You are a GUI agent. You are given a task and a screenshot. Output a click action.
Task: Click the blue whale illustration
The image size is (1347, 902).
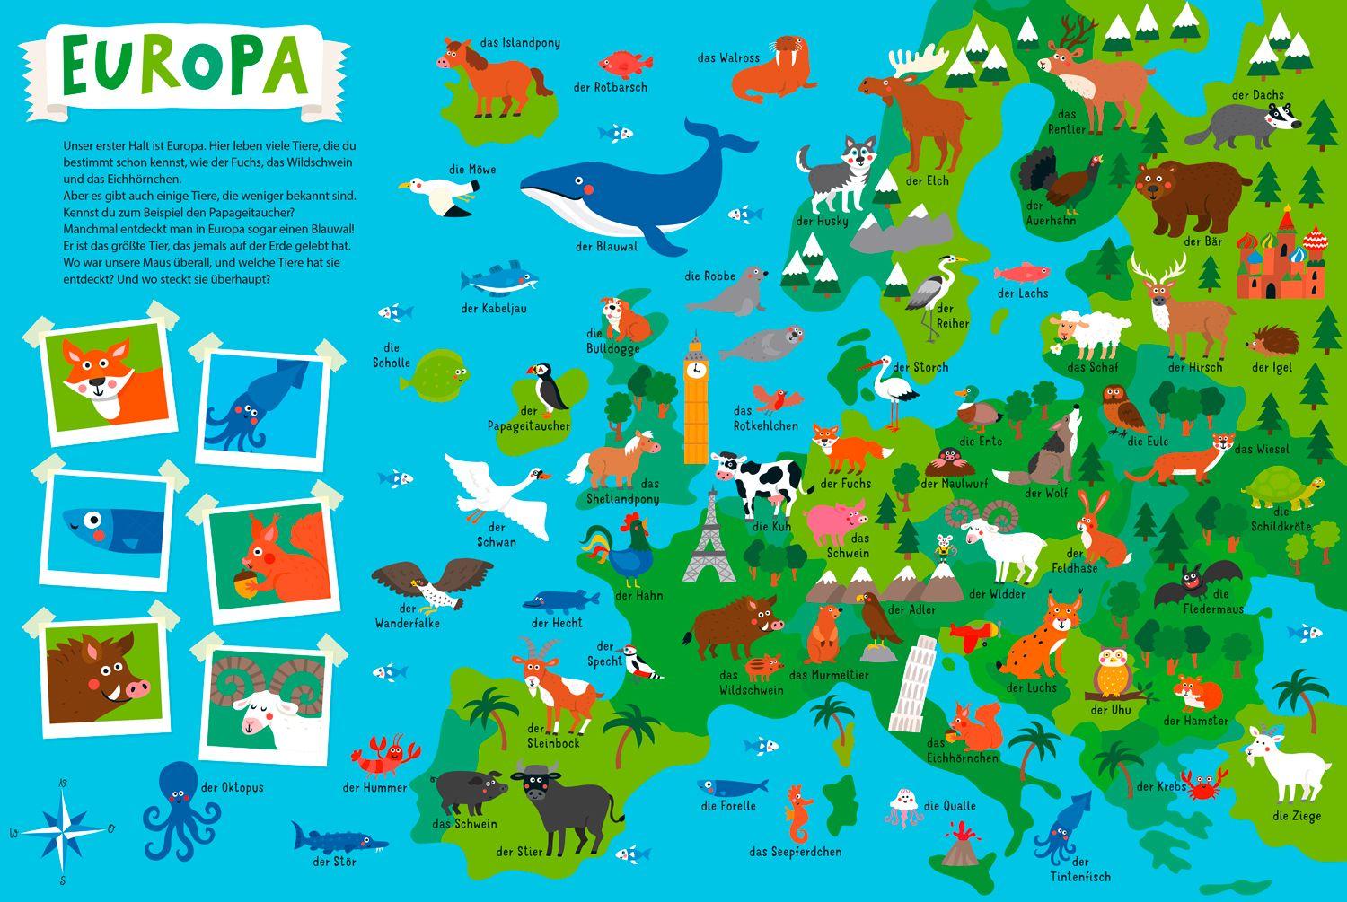pyautogui.click(x=620, y=188)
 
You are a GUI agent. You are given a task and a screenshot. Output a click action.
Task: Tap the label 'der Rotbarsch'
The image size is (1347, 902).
pyautogui.click(x=610, y=88)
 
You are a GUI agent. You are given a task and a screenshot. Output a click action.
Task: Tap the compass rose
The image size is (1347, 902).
pyautogui.click(x=62, y=829)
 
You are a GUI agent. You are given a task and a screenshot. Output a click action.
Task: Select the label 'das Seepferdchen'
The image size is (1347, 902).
pyautogui.click(x=795, y=852)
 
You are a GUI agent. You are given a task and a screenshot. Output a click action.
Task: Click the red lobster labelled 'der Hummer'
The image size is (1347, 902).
pyautogui.click(x=384, y=755)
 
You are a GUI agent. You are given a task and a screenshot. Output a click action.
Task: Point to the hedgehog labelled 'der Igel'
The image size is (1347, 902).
pyautogui.click(x=1275, y=341)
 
